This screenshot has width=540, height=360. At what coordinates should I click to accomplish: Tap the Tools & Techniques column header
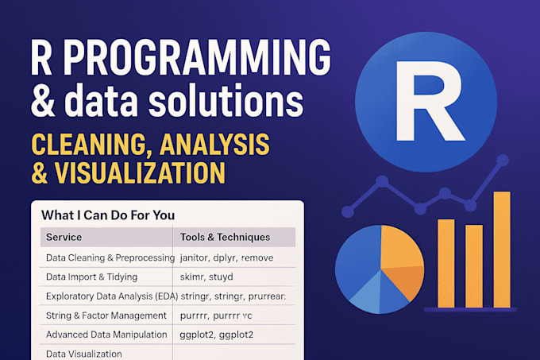tap(226, 237)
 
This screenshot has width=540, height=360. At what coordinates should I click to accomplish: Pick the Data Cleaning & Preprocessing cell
tap(109, 258)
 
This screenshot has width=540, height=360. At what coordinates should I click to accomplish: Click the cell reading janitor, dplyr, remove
tap(228, 258)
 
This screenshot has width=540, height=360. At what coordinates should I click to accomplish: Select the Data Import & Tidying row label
tap(91, 277)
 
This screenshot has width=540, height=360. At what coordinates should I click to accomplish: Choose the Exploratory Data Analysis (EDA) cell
tap(110, 296)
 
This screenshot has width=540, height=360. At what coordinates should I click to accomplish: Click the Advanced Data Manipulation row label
tap(106, 335)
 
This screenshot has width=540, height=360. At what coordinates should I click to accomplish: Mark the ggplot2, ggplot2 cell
tap(216, 335)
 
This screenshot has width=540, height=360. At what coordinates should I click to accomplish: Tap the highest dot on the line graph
tap(501, 160)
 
